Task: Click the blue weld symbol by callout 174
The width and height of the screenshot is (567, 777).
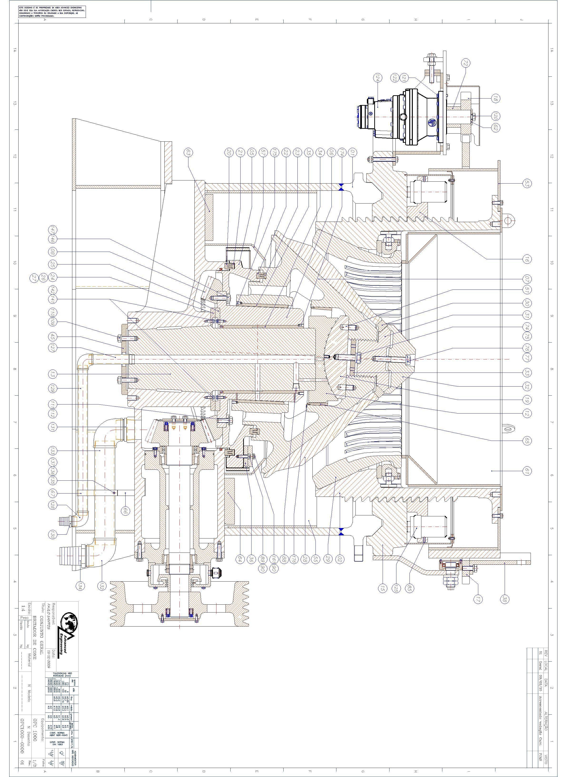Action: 341,188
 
